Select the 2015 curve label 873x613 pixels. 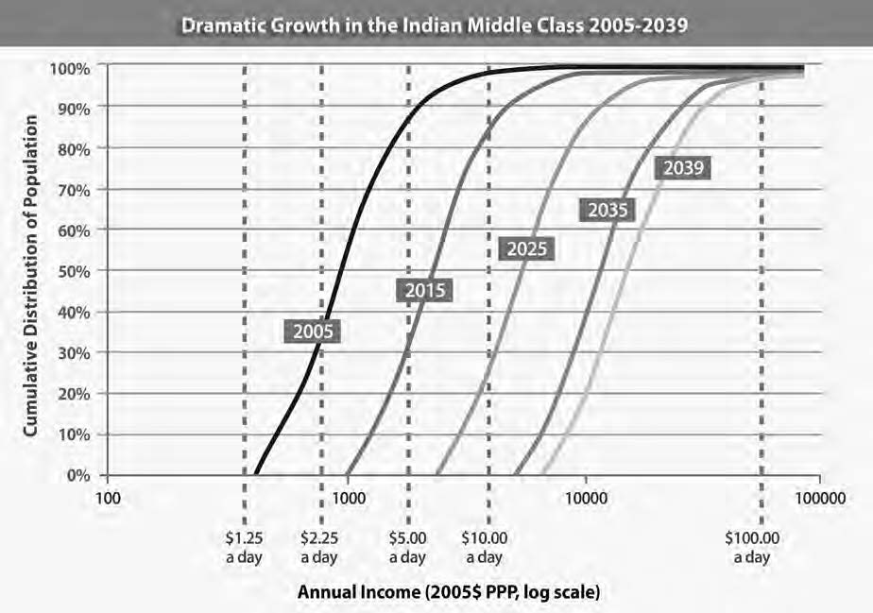click(424, 291)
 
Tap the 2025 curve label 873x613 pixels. click(526, 249)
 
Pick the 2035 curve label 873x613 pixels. click(608, 211)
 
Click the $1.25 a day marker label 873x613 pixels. click(244, 548)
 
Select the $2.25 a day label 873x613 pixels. click(319, 548)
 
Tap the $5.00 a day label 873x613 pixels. click(407, 548)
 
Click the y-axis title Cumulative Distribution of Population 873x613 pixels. click(31, 276)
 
